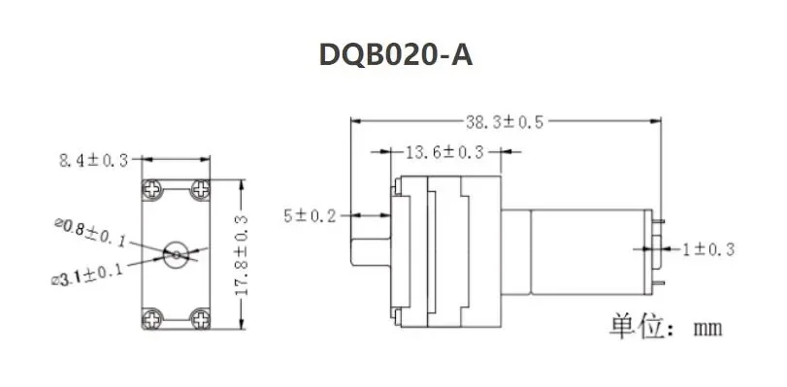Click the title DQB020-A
pos(396,54)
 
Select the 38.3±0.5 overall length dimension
pos(505,122)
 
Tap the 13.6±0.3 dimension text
pos(444,151)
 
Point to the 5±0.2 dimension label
pos(310,216)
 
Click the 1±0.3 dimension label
pos(707,249)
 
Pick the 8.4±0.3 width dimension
pos(94,161)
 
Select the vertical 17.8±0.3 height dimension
pos(242,255)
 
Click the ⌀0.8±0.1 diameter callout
pos(90,232)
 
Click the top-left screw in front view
pos(151,189)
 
